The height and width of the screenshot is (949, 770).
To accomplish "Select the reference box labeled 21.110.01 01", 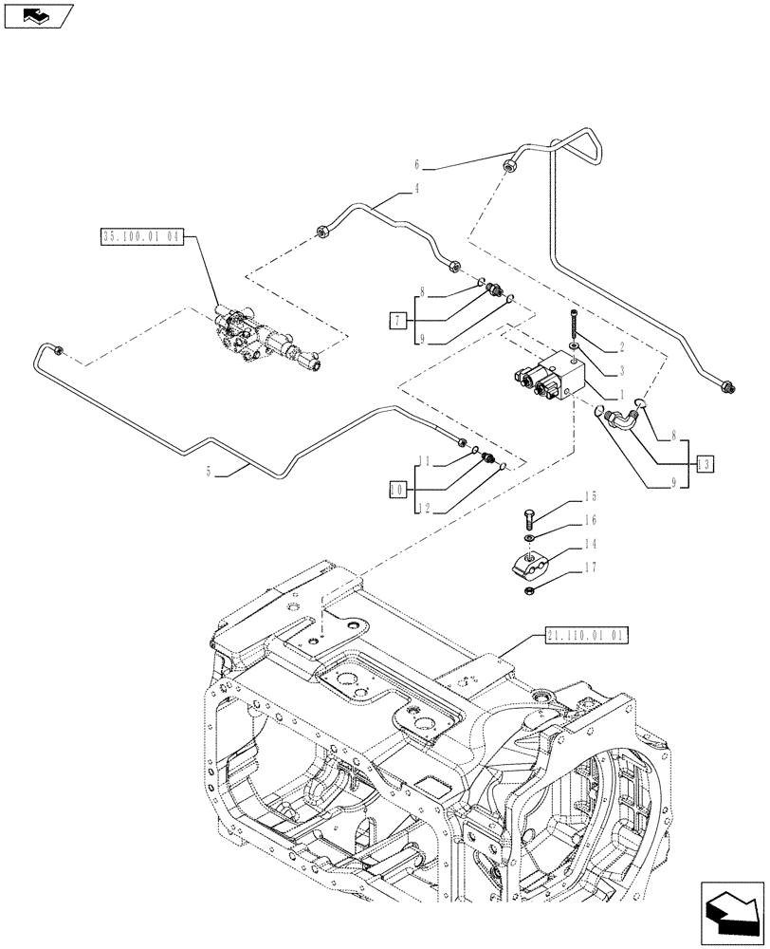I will click(588, 636).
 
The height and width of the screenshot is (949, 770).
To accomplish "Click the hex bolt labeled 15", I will click(528, 518).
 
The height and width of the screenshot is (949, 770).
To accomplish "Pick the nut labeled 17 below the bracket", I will click(527, 593).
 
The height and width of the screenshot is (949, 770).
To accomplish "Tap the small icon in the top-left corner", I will click(36, 15).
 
